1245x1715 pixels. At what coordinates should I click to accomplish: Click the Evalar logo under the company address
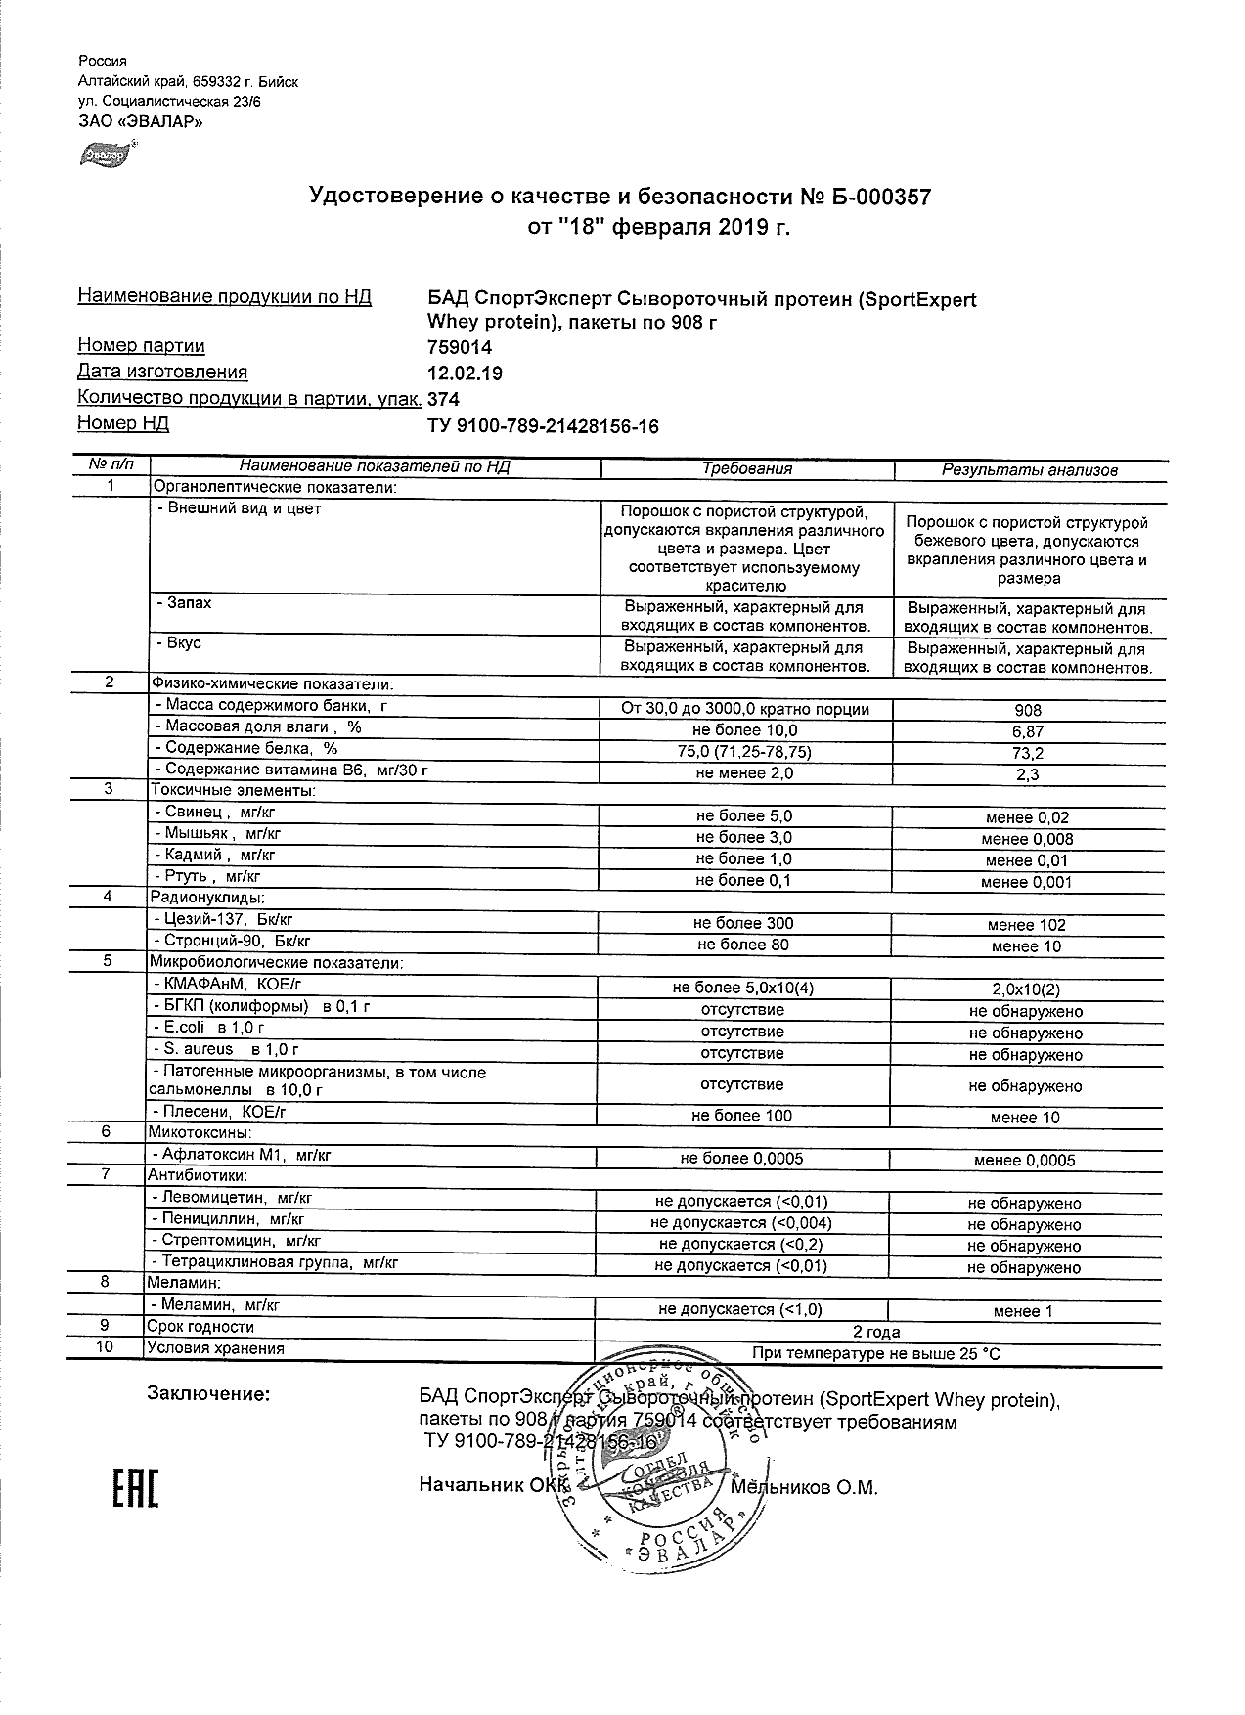tap(107, 154)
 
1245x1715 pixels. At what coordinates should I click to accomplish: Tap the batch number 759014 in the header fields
tap(461, 347)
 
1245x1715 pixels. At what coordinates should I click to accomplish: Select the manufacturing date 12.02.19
tap(467, 373)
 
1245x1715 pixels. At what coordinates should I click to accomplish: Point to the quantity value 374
tap(444, 399)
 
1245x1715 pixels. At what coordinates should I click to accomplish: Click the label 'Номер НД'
tap(123, 423)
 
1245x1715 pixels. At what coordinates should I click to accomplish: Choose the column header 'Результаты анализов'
tap(1029, 470)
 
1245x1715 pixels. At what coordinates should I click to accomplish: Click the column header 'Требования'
tap(747, 469)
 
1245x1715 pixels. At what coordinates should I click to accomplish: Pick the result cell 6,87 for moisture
tap(1028, 732)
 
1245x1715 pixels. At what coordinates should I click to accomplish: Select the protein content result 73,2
tap(1028, 754)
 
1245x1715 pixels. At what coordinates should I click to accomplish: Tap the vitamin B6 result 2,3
tap(1028, 775)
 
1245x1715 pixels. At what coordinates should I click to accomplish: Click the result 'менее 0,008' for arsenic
tap(1027, 839)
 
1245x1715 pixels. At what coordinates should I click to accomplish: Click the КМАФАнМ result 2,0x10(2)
tap(1027, 989)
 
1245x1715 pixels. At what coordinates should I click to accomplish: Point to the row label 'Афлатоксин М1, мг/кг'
tap(244, 1156)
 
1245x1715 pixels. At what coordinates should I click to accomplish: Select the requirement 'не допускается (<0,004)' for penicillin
tap(741, 1224)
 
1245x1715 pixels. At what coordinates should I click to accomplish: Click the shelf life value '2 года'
tap(876, 1332)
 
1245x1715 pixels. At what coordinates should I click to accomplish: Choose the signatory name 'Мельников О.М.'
tap(804, 1488)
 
